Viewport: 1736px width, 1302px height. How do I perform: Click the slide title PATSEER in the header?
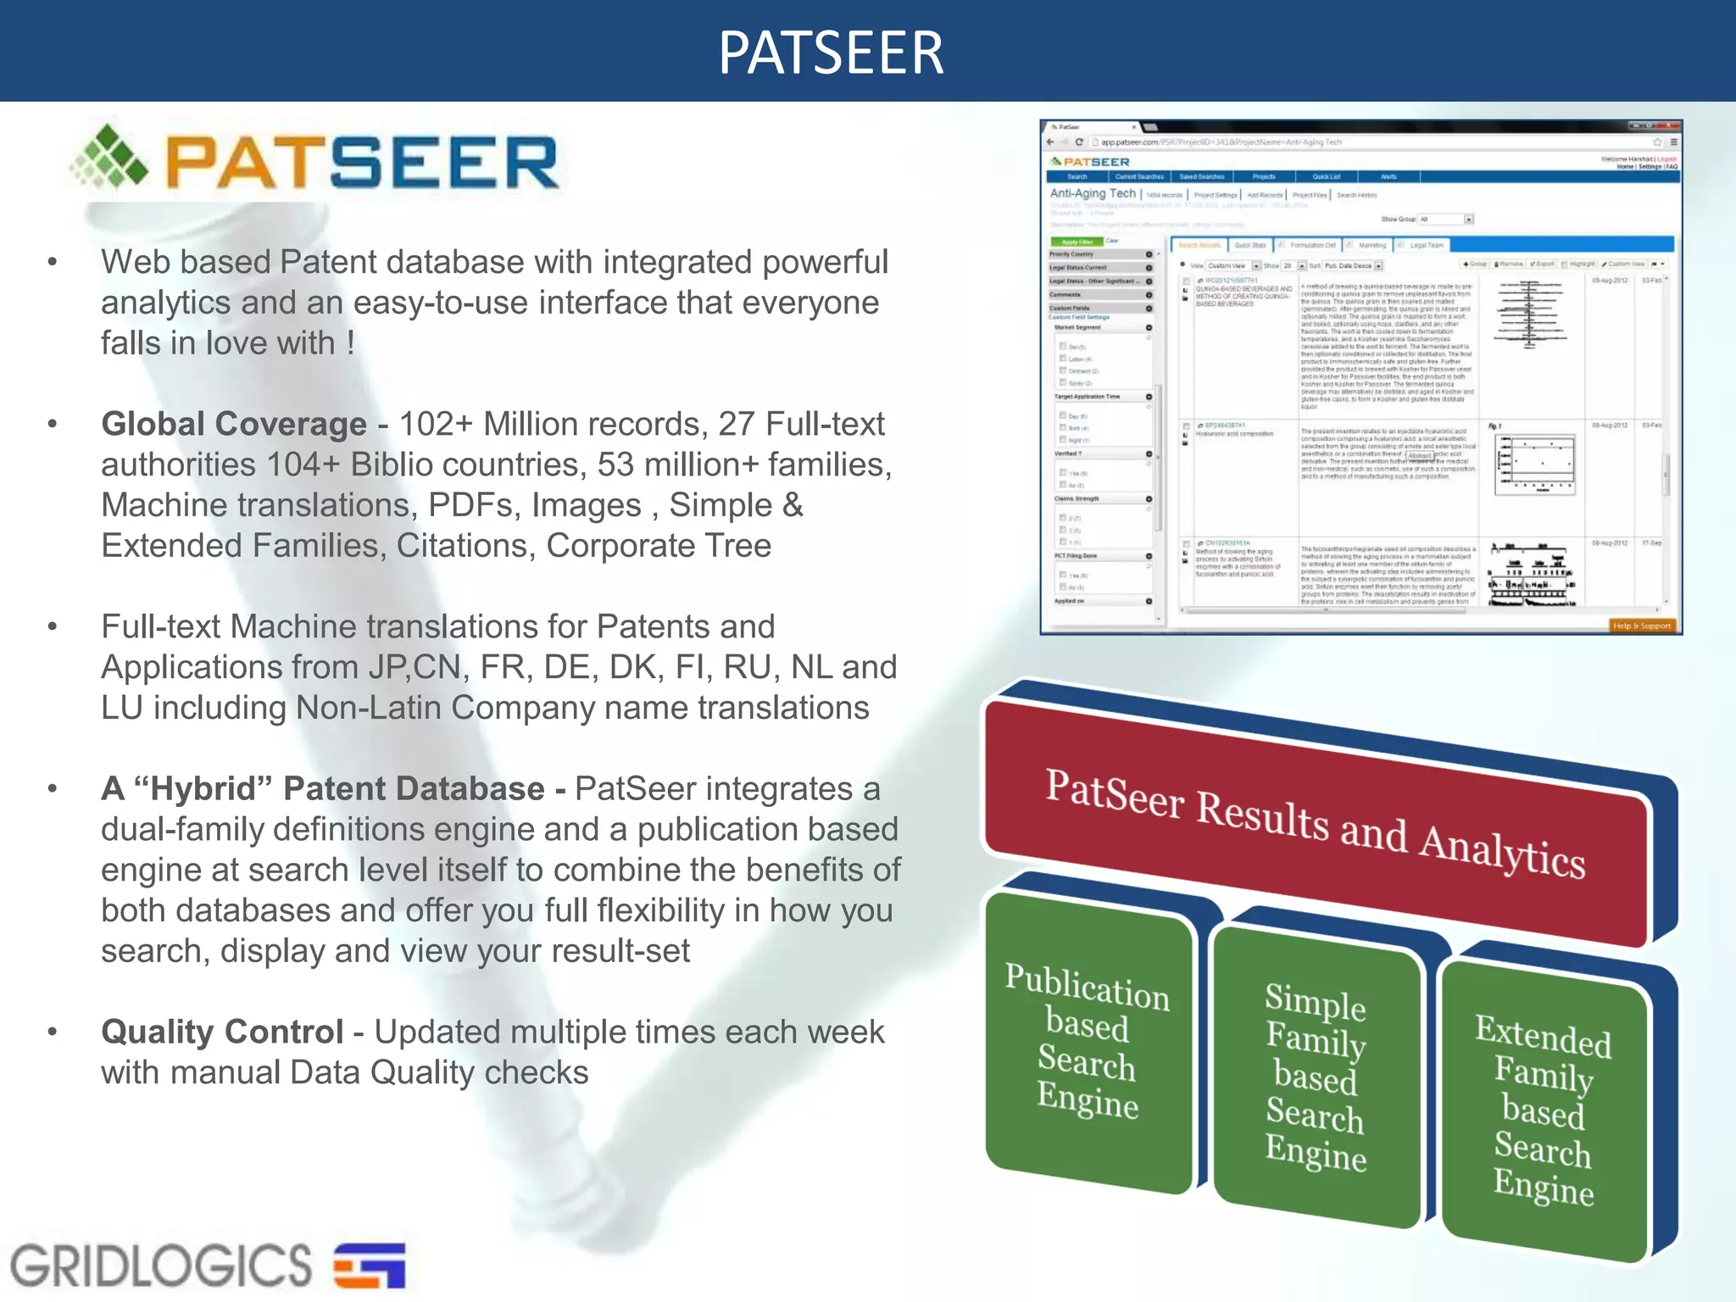(831, 53)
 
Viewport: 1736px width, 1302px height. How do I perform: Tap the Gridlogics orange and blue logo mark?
(370, 1265)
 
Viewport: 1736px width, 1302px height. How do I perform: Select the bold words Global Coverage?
(234, 424)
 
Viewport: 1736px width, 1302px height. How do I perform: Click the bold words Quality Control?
(222, 1032)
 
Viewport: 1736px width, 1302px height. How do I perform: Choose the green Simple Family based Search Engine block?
(1316, 1077)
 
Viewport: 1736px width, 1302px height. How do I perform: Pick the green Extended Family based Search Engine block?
(1543, 1110)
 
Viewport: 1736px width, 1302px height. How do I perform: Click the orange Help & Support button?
(1641, 626)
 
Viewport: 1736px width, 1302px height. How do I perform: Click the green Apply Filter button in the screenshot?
(1077, 242)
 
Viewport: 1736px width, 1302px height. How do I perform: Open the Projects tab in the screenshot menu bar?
(1264, 176)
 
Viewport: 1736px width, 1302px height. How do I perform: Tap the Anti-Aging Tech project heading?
(1093, 193)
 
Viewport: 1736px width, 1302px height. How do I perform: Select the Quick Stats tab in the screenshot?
(1249, 245)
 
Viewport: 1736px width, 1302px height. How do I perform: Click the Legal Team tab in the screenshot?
(1427, 245)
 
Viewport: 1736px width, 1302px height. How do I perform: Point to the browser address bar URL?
(1221, 142)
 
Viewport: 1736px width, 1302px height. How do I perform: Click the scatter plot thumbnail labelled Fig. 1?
(1534, 464)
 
